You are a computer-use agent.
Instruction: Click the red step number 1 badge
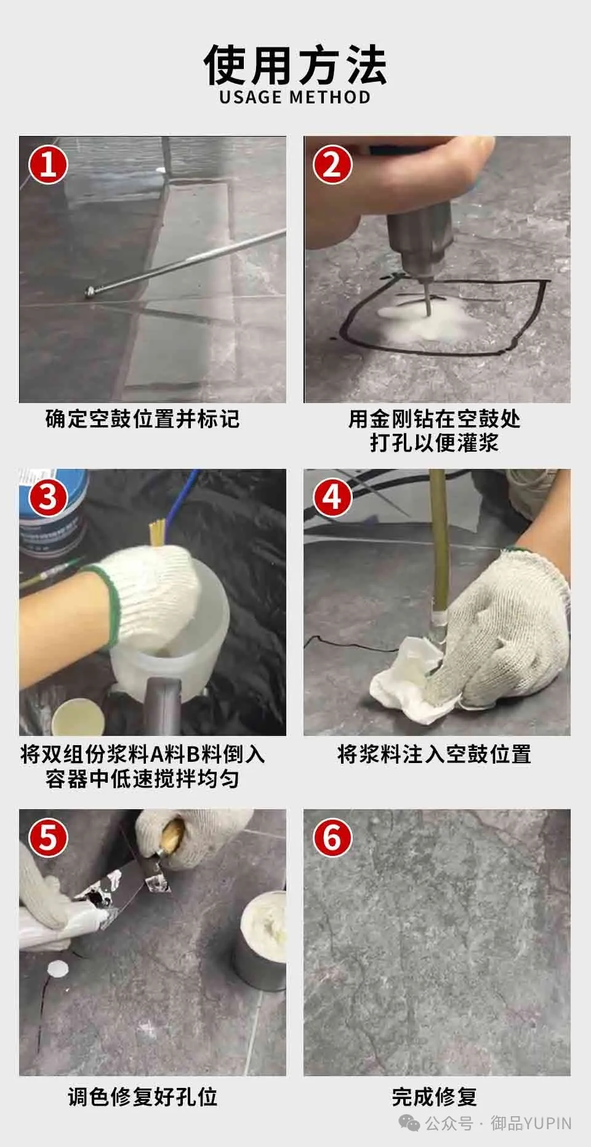(x=49, y=164)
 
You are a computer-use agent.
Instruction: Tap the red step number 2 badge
(x=332, y=164)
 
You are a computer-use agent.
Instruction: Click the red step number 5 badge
(x=49, y=837)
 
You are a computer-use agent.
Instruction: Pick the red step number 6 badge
(x=332, y=837)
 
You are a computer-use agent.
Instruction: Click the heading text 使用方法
(x=295, y=64)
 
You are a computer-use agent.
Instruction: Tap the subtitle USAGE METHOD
(x=295, y=97)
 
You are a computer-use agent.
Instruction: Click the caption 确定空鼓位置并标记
(x=142, y=419)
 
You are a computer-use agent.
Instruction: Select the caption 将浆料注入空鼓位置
(x=434, y=754)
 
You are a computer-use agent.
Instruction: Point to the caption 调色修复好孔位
(x=142, y=1097)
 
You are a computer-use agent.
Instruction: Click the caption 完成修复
(x=435, y=1097)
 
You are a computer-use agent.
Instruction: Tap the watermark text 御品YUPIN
(x=531, y=1124)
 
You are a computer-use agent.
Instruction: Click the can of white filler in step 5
(x=260, y=940)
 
